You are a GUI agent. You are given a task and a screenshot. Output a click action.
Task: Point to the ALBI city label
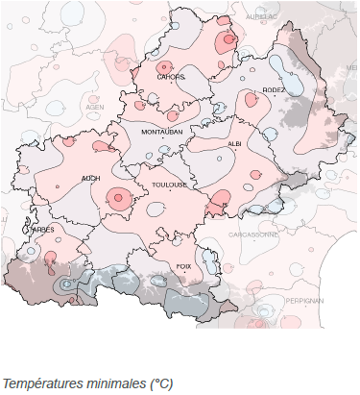[x=234, y=142]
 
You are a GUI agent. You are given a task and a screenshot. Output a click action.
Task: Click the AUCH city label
[x=91, y=178]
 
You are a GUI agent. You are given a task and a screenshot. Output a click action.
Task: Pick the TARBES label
[x=41, y=230]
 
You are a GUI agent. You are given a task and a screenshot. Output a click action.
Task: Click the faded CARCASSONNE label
[x=253, y=235]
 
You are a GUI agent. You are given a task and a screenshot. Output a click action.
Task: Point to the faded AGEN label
[x=95, y=108]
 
